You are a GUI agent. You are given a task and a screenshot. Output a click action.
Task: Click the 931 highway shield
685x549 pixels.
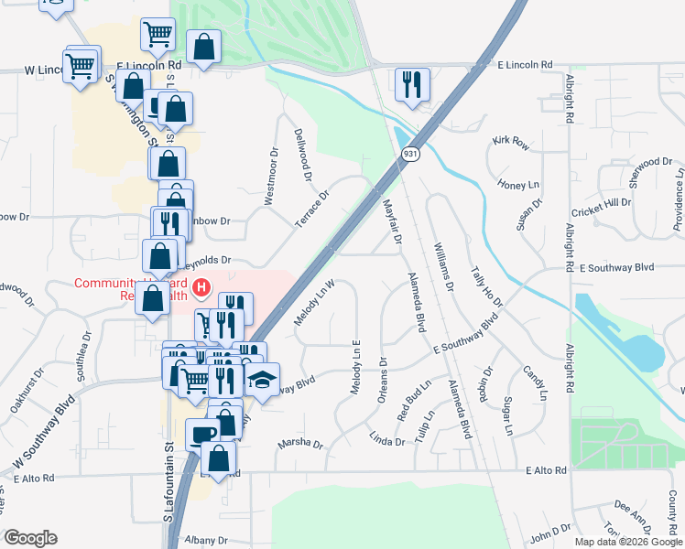[x=411, y=155]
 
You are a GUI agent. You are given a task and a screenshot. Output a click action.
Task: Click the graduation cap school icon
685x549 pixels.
[x=263, y=382]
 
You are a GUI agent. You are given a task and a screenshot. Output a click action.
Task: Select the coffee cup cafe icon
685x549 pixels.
[x=202, y=435]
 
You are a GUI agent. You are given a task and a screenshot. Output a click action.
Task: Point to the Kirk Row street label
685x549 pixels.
[x=511, y=142]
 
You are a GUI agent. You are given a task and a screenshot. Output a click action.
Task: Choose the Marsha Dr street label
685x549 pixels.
[x=300, y=445]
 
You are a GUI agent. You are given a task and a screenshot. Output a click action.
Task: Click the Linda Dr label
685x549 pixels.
[x=387, y=441]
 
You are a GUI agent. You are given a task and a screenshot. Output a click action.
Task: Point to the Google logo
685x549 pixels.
[x=30, y=538]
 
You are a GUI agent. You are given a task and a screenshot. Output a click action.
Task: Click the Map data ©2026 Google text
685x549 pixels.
[x=627, y=542]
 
